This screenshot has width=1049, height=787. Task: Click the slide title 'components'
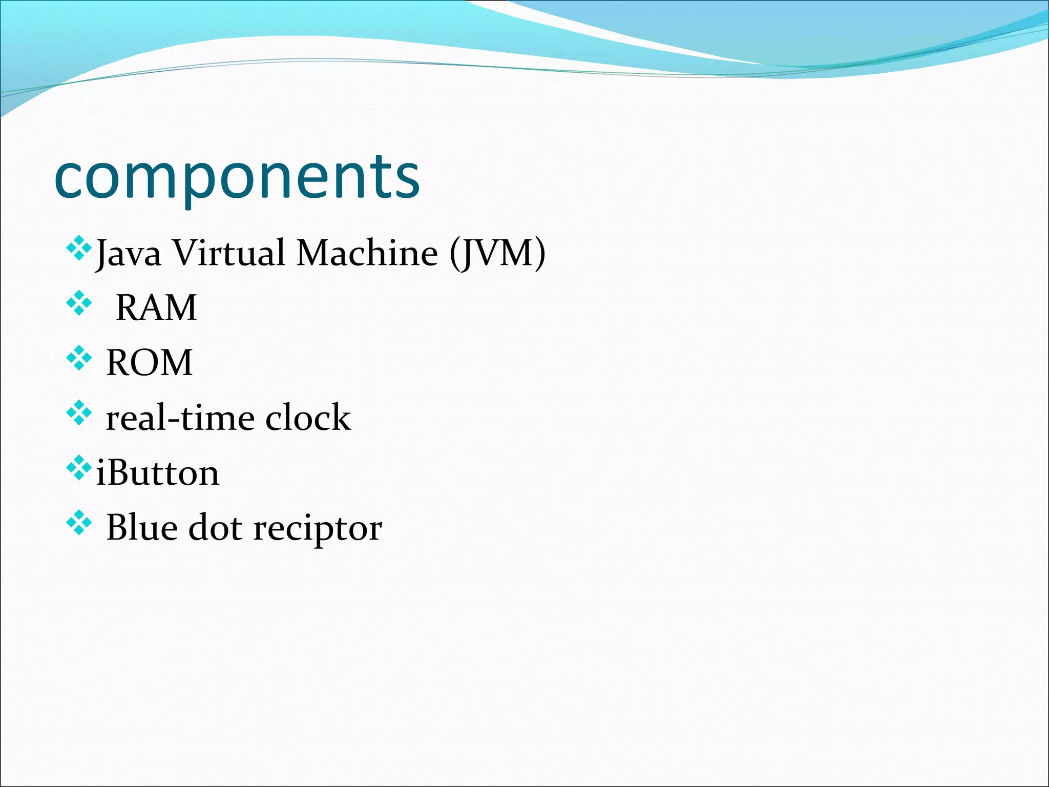(237, 178)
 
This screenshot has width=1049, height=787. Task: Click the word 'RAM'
(156, 308)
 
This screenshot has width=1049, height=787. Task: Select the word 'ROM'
(149, 363)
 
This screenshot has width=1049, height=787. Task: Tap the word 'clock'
(308, 418)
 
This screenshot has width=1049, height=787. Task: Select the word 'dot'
(215, 527)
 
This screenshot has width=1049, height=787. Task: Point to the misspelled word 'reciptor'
(318, 529)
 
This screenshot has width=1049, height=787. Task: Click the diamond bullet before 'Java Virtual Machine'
(79, 249)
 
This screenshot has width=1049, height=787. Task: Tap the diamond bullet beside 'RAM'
(79, 303)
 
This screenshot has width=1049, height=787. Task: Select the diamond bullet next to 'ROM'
(79, 358)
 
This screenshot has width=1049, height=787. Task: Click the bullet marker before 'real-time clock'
(79, 413)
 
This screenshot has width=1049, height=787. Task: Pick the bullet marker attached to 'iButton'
(79, 468)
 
